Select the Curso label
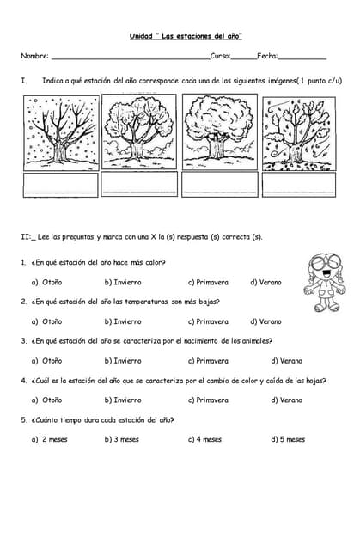tap(219, 56)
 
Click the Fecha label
tap(266, 56)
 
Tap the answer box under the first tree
tap(60, 184)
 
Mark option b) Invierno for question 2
tap(122, 321)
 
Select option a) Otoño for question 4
tap(46, 400)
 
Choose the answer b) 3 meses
tap(121, 439)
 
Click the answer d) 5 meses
tap(287, 439)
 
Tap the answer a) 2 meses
tap(49, 439)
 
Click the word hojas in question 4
tap(315, 380)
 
